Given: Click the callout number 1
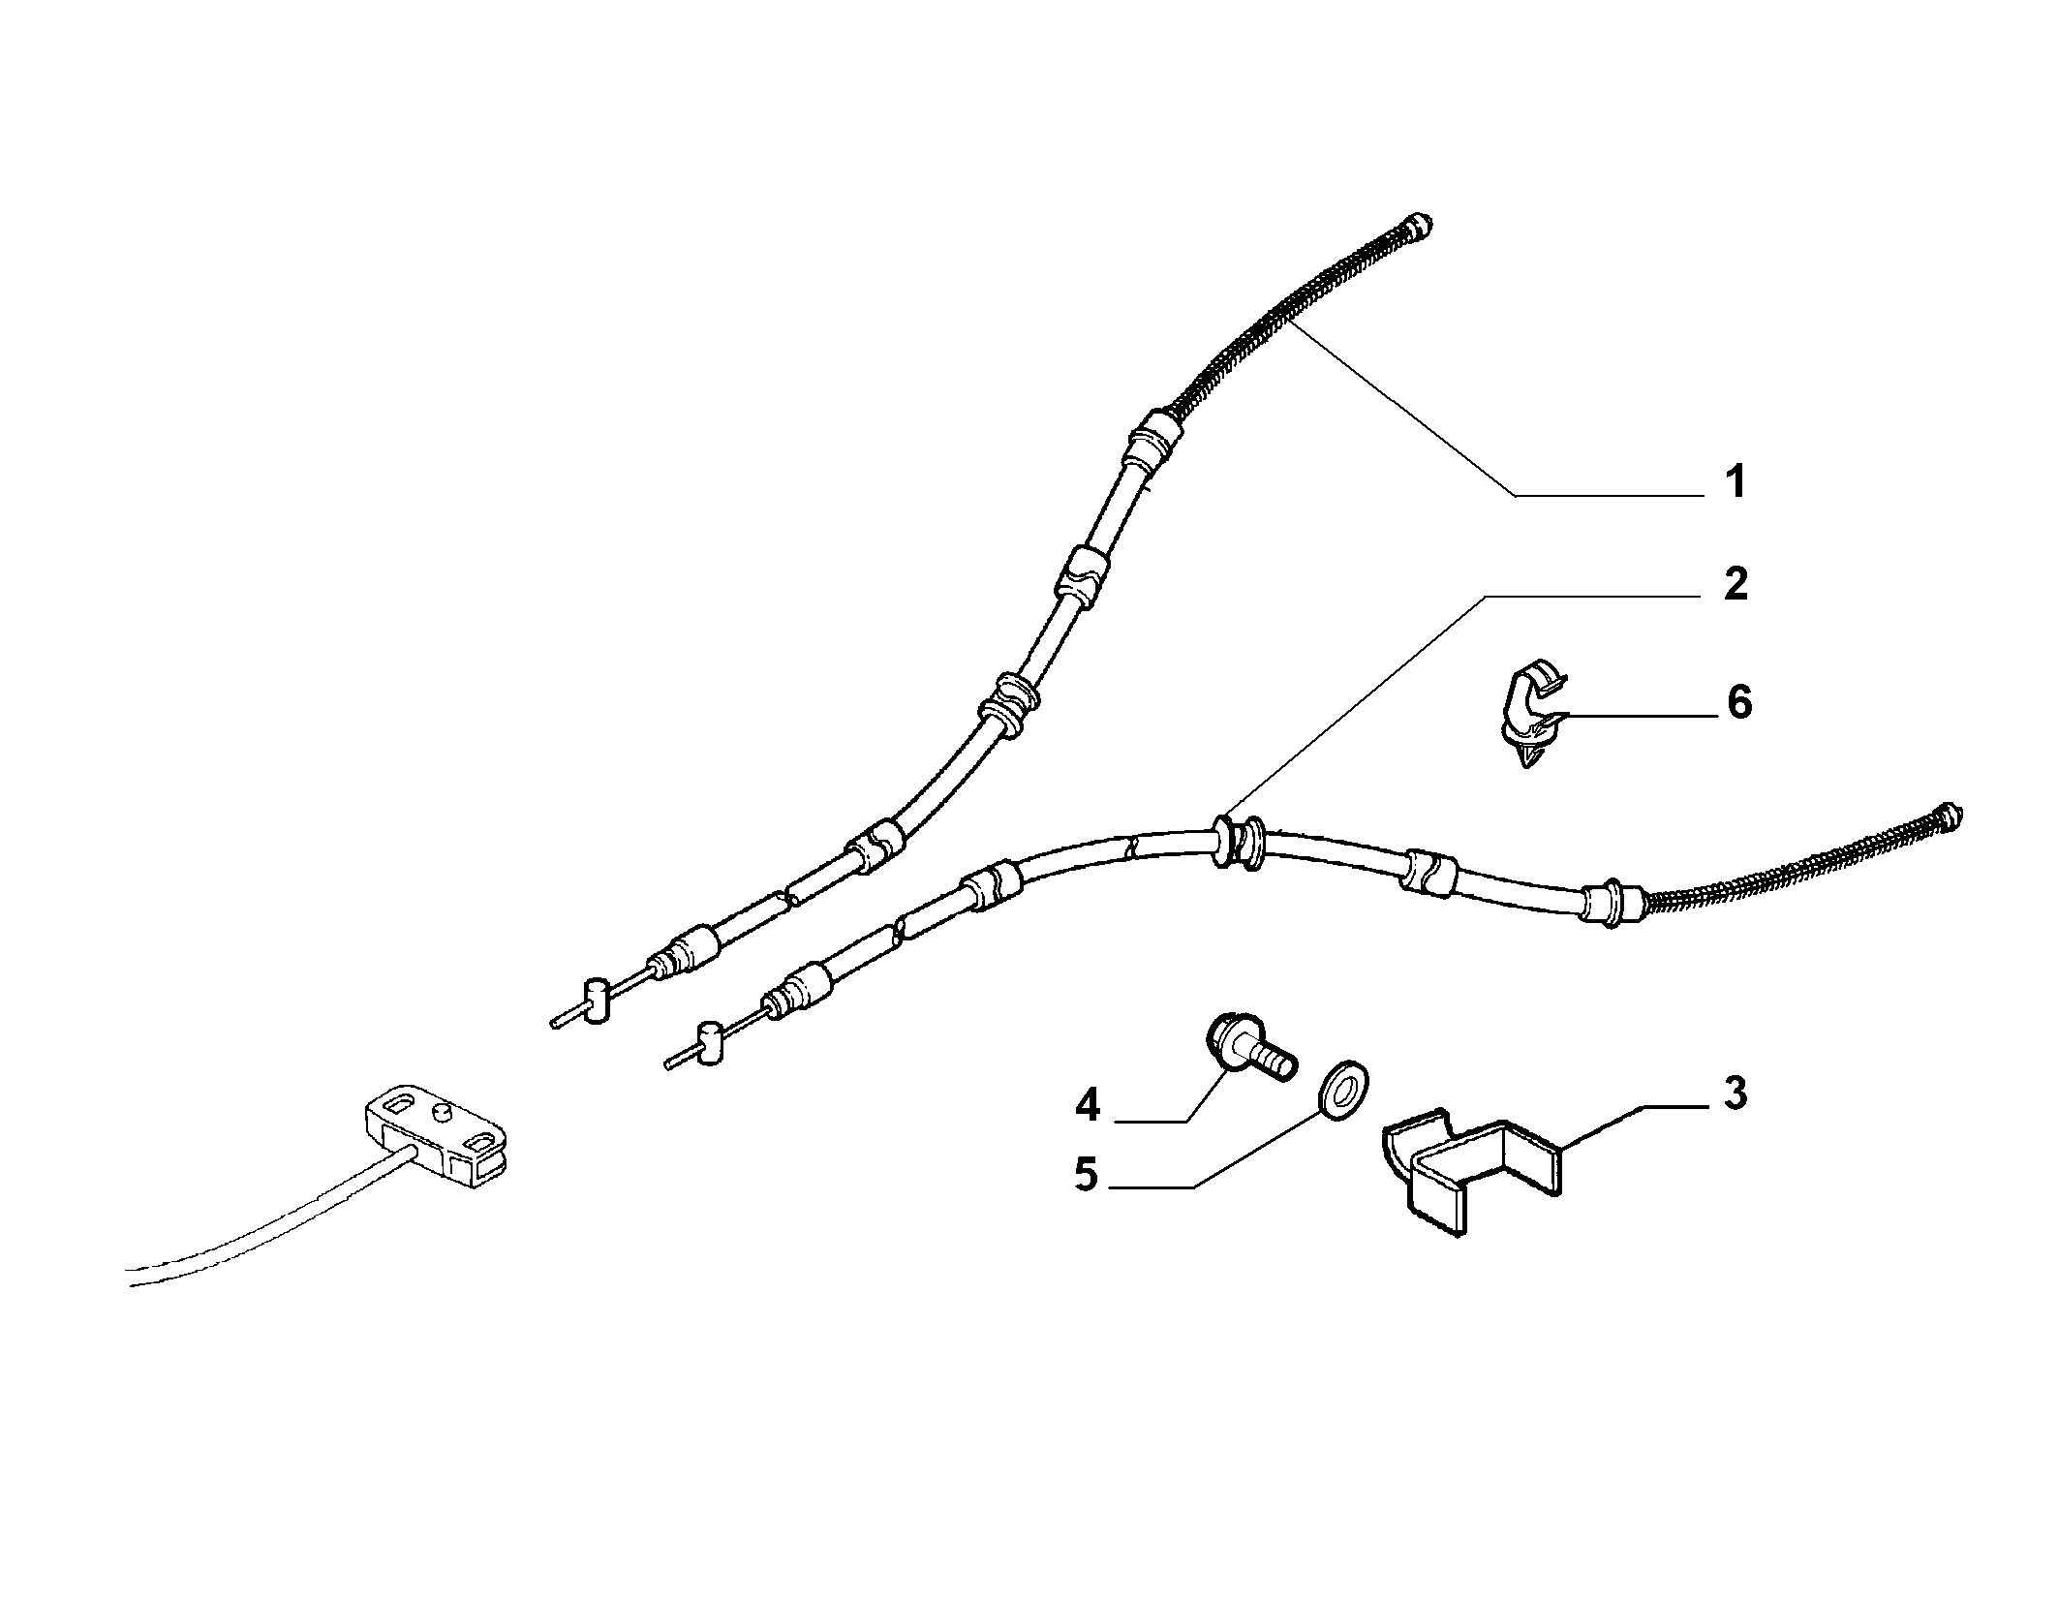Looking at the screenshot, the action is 1735,481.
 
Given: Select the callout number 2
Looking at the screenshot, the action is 1735,585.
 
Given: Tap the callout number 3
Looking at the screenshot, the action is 1735,1094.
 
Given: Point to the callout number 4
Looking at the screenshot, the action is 1088,1106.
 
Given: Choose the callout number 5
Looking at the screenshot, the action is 1086,1176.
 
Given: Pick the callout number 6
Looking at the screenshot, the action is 1739,702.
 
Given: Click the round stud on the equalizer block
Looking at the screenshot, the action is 445,1111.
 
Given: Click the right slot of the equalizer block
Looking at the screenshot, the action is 478,1144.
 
